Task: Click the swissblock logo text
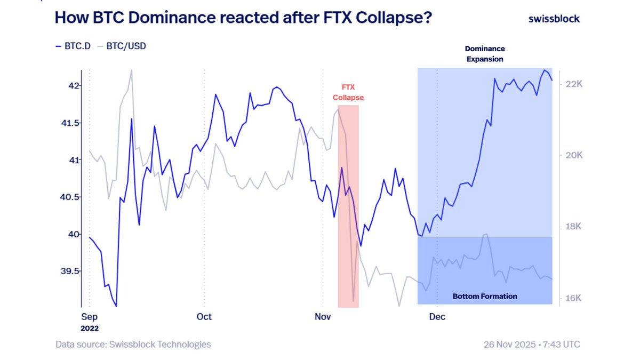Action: click(554, 19)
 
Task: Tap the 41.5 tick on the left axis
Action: click(70, 123)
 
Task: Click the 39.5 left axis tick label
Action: click(70, 271)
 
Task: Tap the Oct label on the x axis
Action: click(204, 317)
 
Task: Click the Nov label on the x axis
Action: click(323, 317)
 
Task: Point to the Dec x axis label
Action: click(437, 317)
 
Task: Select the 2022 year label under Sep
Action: click(90, 329)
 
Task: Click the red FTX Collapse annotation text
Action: click(348, 93)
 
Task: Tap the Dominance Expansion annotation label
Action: click(485, 54)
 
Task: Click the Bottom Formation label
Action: click(485, 296)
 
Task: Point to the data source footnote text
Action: click(133, 345)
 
